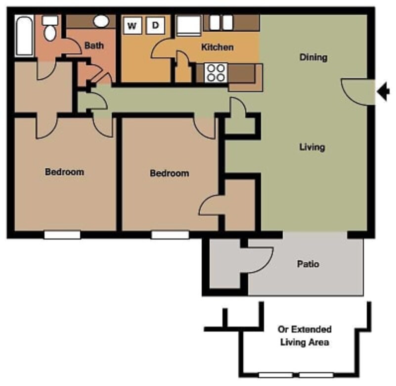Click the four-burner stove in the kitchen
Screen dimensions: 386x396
(216, 72)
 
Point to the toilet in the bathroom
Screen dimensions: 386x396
(50, 29)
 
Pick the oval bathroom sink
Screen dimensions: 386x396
(101, 21)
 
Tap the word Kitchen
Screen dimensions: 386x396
(217, 48)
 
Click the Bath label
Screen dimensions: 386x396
(94, 46)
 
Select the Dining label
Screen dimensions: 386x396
(313, 57)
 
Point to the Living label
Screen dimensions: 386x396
(312, 147)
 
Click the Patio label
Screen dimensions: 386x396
(308, 264)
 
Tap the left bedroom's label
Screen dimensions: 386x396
(64, 172)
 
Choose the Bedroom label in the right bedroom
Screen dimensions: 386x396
(169, 173)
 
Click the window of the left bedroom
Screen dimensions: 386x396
(62, 235)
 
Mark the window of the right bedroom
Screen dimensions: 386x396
(170, 235)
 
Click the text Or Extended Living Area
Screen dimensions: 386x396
(304, 336)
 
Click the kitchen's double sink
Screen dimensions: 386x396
(220, 22)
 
